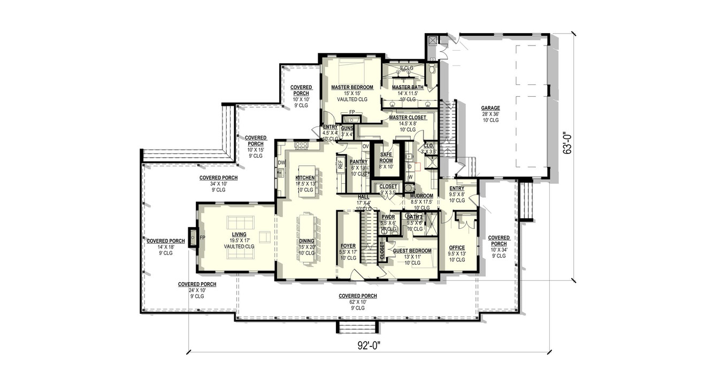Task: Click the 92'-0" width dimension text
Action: pyautogui.click(x=369, y=345)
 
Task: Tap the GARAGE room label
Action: pyautogui.click(x=490, y=107)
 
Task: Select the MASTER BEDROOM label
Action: pyautogui.click(x=351, y=87)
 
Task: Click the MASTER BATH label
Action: pyautogui.click(x=408, y=87)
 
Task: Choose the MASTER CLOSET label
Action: pyautogui.click(x=408, y=118)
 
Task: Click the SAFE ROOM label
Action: pyautogui.click(x=386, y=157)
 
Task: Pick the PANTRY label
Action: pyautogui.click(x=358, y=161)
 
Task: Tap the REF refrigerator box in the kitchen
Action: pyautogui.click(x=340, y=165)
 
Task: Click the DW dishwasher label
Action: pyautogui.click(x=281, y=163)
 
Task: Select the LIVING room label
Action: pyautogui.click(x=239, y=234)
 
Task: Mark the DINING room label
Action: pyautogui.click(x=306, y=241)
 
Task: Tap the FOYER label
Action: pyautogui.click(x=348, y=246)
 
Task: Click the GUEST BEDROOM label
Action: pyautogui.click(x=412, y=250)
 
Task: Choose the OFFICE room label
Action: pyautogui.click(x=457, y=247)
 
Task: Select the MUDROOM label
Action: pyautogui.click(x=421, y=196)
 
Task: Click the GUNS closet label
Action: pyautogui.click(x=347, y=128)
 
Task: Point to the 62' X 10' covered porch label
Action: pyautogui.click(x=358, y=302)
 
